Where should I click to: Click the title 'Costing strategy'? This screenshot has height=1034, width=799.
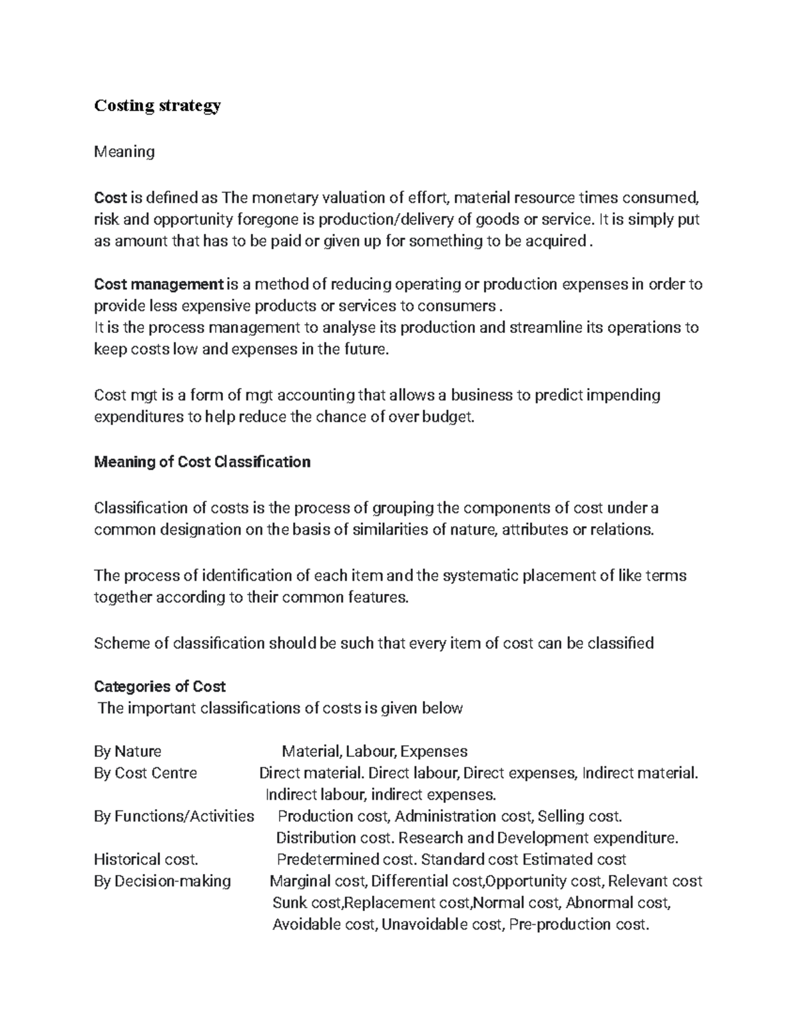[x=157, y=106]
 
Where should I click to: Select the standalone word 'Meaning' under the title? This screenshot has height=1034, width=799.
[x=125, y=152]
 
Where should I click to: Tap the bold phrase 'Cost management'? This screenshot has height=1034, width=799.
[x=158, y=285]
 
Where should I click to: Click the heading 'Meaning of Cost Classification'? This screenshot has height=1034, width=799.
[x=202, y=462]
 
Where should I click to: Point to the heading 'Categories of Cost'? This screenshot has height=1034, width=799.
[x=160, y=686]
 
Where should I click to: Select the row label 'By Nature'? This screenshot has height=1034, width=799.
[x=128, y=752]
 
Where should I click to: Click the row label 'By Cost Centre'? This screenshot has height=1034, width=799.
[x=146, y=773]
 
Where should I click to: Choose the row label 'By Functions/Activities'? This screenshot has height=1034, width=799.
[x=174, y=816]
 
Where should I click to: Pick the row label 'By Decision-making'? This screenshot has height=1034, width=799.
[x=162, y=882]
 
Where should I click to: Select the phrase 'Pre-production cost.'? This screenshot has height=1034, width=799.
[x=578, y=925]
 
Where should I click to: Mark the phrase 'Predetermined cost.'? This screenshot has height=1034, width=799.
[x=347, y=860]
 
